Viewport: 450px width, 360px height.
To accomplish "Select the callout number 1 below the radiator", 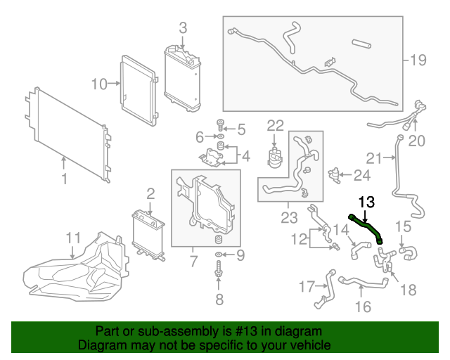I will [64, 179].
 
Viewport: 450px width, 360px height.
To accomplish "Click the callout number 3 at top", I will [183, 28].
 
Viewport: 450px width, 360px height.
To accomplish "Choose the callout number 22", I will [275, 125].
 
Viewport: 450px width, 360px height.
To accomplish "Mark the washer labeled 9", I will [219, 254].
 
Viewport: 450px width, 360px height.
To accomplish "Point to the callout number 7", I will [192, 262].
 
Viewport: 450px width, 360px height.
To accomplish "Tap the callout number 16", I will [363, 306].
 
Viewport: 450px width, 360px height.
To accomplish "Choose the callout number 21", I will [373, 157].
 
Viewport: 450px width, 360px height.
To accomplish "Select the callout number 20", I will [418, 141].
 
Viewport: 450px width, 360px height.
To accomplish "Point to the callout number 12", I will [299, 239].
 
